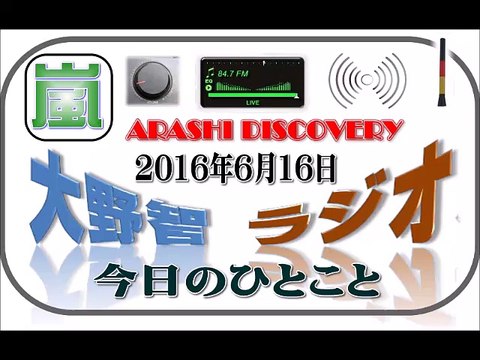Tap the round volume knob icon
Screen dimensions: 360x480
tap(154, 81)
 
